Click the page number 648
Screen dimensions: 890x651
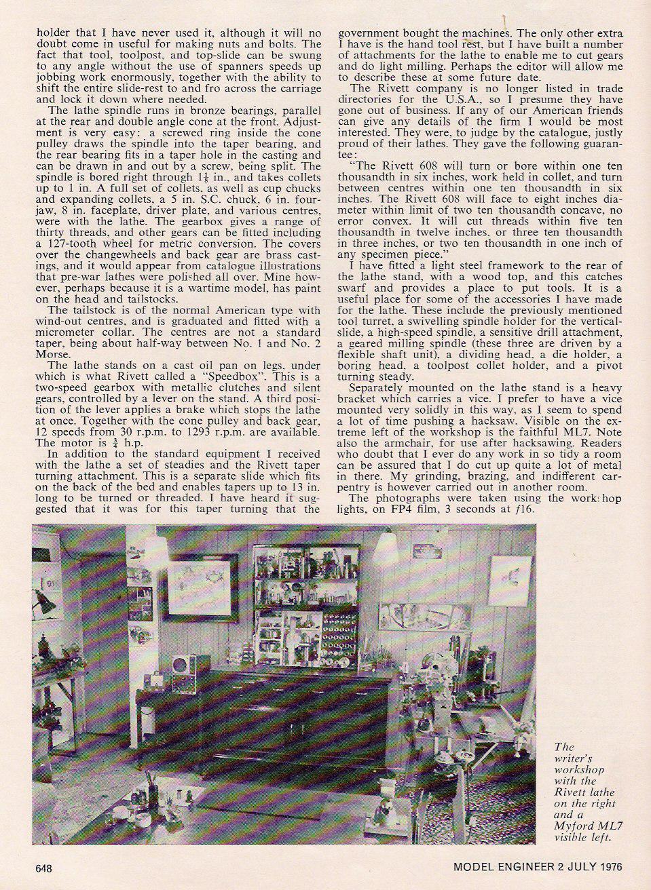tap(44, 868)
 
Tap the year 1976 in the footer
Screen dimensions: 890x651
tap(608, 867)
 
